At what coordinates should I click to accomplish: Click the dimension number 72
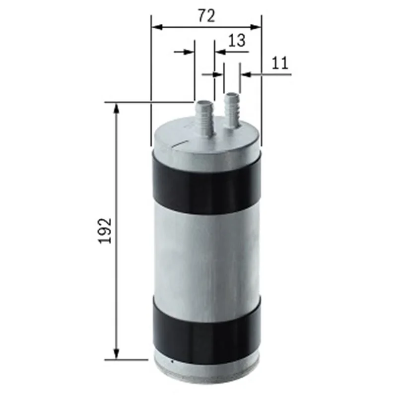point(206,16)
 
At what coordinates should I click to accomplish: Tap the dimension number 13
point(237,41)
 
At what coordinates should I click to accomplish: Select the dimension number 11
point(280,63)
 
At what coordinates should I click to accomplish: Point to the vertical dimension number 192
point(105,231)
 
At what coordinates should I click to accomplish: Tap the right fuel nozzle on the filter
point(232,110)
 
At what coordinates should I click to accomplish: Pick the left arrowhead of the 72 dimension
point(157,27)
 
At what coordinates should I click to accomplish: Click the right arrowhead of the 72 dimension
point(256,27)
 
